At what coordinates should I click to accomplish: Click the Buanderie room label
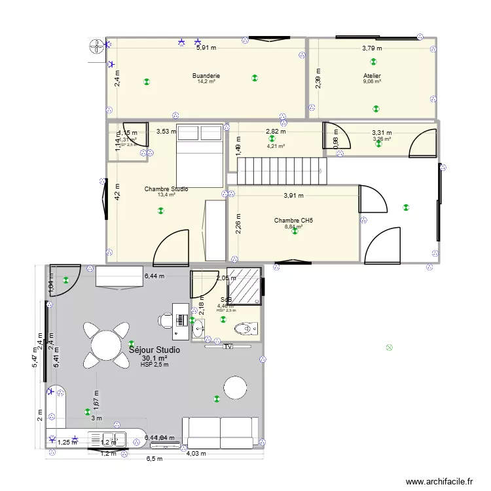pyautogui.click(x=206, y=76)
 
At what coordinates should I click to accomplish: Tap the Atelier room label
pyautogui.click(x=372, y=76)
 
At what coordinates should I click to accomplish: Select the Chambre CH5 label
pyautogui.click(x=293, y=221)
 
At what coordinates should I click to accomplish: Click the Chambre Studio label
pyautogui.click(x=166, y=189)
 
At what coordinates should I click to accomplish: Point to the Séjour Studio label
pyautogui.click(x=155, y=350)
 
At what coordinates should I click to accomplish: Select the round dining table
pyautogui.click(x=106, y=344)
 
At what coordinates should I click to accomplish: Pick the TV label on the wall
pyautogui.click(x=228, y=347)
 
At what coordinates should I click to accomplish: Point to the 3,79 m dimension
pyautogui.click(x=372, y=48)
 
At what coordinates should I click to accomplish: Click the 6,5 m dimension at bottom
pyautogui.click(x=155, y=459)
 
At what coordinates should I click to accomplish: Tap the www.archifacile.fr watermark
pyautogui.click(x=440, y=481)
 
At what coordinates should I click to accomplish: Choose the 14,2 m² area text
pyautogui.click(x=206, y=82)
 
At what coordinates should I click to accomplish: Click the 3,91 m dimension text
pyautogui.click(x=293, y=195)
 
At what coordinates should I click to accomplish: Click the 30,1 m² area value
pyautogui.click(x=155, y=358)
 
